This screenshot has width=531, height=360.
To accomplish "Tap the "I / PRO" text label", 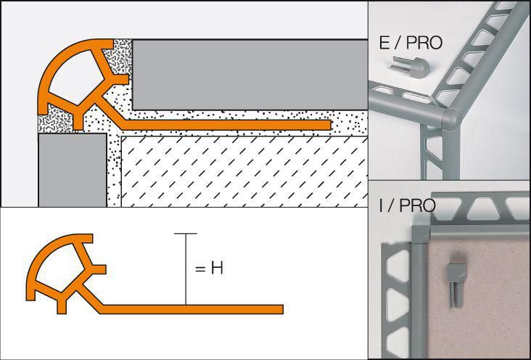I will [406, 205].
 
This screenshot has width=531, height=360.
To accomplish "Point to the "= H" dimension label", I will [209, 269].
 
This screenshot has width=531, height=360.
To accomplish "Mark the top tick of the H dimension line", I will [186, 234].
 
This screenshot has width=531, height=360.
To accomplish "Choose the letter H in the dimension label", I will [216, 269].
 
